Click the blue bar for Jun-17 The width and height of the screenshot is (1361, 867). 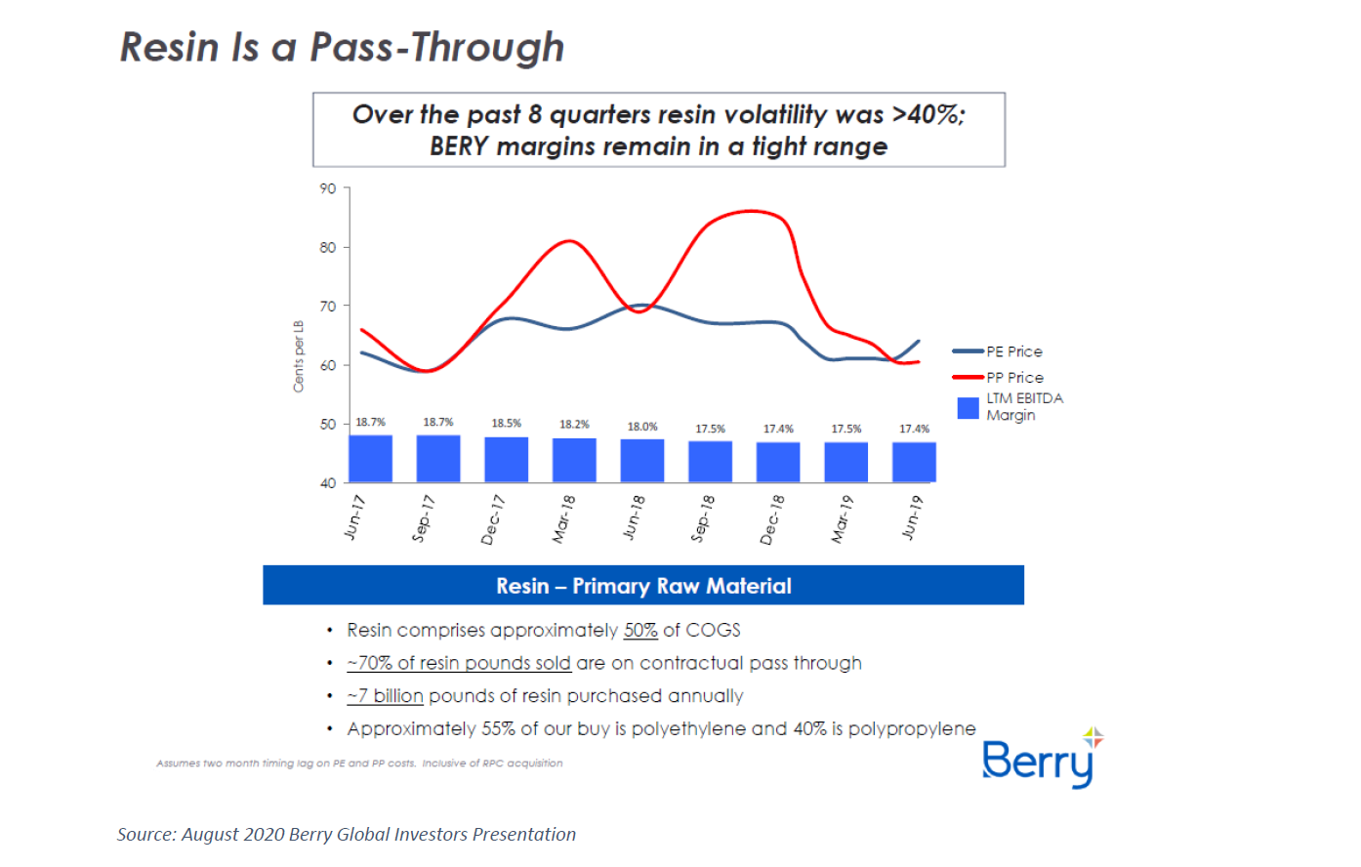click(x=370, y=459)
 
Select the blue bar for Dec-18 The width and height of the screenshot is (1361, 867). click(x=778, y=462)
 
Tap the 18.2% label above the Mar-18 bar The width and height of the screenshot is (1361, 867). click(x=574, y=425)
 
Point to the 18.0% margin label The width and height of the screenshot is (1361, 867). click(x=642, y=427)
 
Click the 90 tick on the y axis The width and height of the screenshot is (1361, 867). click(x=328, y=188)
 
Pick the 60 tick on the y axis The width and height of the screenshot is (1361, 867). click(x=328, y=365)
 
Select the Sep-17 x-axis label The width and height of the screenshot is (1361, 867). click(x=424, y=517)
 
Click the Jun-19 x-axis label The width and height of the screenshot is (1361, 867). click(x=911, y=517)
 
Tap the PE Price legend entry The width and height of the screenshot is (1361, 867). click(x=1013, y=351)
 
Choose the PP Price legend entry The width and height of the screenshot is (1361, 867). click(x=1014, y=377)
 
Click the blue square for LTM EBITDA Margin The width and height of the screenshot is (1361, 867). click(x=968, y=408)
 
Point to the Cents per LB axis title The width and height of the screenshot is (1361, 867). click(x=299, y=356)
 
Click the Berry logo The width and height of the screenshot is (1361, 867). click(x=1039, y=760)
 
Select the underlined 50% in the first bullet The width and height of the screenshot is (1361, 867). click(x=640, y=631)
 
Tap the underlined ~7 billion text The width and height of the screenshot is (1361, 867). click(x=386, y=696)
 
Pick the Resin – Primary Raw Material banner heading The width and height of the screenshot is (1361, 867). click(x=643, y=586)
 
